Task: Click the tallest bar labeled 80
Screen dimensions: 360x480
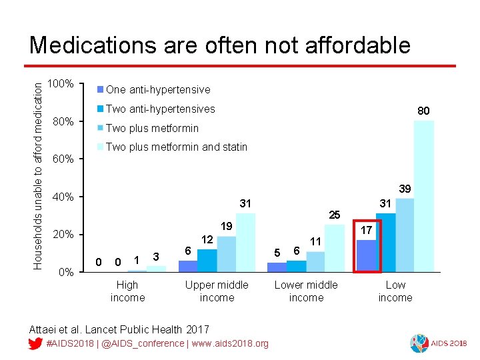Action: click(423, 196)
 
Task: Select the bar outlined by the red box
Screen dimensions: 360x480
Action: click(366, 256)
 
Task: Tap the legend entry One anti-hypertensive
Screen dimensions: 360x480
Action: click(157, 89)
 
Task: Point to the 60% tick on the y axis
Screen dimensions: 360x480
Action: click(63, 159)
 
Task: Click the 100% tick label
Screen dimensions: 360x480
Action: click(61, 85)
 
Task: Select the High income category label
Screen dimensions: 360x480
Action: click(127, 291)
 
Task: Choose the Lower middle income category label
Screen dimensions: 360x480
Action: click(306, 291)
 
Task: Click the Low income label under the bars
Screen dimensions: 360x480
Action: click(395, 291)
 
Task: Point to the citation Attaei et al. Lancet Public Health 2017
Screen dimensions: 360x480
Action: click(119, 329)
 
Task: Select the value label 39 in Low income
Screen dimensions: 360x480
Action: click(404, 189)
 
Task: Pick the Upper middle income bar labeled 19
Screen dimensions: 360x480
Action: click(227, 254)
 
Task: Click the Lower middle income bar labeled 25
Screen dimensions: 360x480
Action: click(334, 248)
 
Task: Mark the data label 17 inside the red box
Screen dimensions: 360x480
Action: click(366, 230)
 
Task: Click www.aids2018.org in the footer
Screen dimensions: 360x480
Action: click(229, 343)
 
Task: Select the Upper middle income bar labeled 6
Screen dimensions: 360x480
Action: click(188, 266)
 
